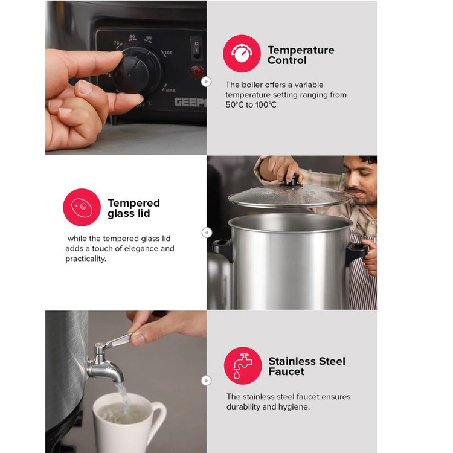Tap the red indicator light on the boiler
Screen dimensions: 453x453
pos(198,71)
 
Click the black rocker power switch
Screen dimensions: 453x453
pos(196,47)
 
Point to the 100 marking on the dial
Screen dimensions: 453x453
pos(168,53)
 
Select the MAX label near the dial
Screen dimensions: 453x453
pos(170,90)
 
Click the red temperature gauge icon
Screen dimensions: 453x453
pos(242,53)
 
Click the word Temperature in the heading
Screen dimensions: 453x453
pos(301,50)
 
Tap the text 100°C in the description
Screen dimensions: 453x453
pos(266,104)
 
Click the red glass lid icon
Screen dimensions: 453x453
pos(82,207)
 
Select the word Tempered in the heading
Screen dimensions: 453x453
pos(133,203)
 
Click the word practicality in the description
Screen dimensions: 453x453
pos(86,259)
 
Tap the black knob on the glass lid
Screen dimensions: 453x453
pos(292,180)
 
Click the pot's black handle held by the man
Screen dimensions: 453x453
pos(357,252)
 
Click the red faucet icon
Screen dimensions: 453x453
pos(243,365)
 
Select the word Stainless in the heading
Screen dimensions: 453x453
pos(292,361)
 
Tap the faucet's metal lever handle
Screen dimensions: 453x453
pos(118,340)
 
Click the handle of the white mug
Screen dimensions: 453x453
pos(158,416)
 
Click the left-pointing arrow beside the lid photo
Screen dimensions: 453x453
pos(207,233)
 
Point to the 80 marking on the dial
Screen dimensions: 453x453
pos(132,37)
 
